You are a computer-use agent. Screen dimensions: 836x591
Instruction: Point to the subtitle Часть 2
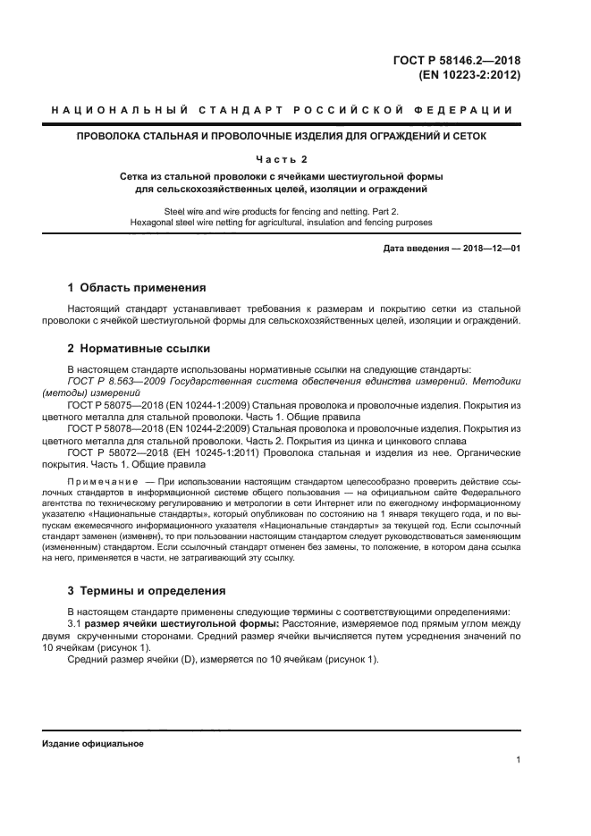[282, 160]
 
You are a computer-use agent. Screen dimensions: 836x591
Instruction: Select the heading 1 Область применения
[137, 288]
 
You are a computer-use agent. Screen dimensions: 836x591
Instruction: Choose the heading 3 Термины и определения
[148, 590]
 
